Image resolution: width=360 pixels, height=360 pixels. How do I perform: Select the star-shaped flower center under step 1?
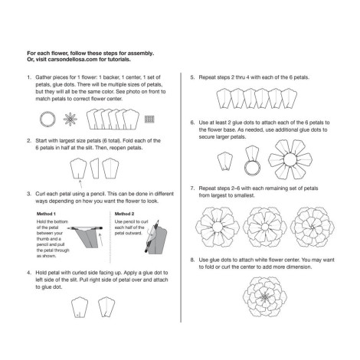click(70, 119)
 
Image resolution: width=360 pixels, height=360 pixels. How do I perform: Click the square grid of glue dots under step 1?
click(149, 119)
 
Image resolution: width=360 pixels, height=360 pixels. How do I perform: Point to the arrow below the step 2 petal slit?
click(80, 184)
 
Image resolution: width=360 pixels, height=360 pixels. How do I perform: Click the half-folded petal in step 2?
click(95, 169)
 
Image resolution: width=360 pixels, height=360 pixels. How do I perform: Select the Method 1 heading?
click(46, 214)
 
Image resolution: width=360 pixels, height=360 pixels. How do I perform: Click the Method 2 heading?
click(124, 214)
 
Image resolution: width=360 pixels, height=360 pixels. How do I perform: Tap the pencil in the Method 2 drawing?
click(152, 236)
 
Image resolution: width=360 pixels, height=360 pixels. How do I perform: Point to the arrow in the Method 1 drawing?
click(101, 240)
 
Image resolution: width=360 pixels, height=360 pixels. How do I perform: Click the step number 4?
click(29, 273)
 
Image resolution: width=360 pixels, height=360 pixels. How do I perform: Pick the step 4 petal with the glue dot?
click(80, 307)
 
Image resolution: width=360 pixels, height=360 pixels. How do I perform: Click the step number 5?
click(192, 77)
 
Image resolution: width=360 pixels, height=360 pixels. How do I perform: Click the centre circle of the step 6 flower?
click(290, 159)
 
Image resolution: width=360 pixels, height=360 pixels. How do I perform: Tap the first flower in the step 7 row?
click(218, 227)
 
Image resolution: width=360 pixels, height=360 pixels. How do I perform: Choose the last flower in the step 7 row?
click(313, 227)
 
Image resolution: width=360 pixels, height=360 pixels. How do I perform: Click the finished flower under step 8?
click(265, 296)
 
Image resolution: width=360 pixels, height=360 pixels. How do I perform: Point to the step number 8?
click(192, 260)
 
